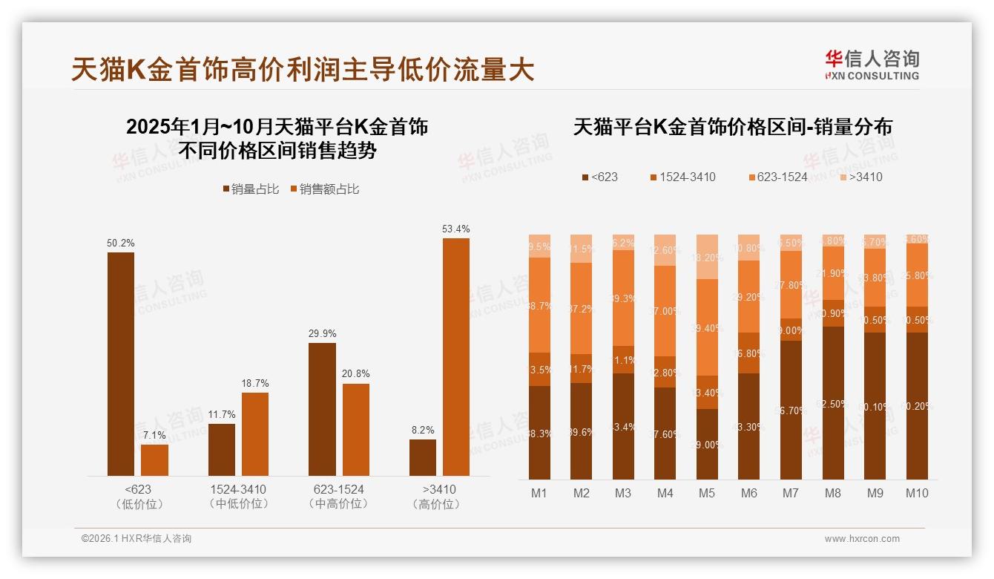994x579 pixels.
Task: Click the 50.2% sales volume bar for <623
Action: coord(121,364)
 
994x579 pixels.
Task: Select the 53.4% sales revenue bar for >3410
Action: coord(456,356)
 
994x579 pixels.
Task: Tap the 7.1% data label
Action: coord(154,435)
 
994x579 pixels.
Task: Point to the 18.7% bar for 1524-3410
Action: coord(255,434)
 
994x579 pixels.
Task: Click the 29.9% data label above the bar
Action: coord(322,334)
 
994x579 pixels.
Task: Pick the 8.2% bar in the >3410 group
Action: coord(423,457)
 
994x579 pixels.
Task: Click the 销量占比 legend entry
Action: coord(251,189)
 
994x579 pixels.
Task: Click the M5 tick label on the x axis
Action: coord(707,493)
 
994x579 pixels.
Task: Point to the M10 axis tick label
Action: coord(917,493)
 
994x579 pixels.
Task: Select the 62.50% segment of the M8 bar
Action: coord(833,403)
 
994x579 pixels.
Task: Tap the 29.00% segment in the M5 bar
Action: coord(707,444)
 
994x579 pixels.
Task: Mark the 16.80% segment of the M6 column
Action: coord(749,353)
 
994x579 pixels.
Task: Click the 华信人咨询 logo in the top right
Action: coord(872,65)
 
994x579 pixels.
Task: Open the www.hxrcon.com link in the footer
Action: coord(862,539)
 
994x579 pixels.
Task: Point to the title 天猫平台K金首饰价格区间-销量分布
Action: coord(732,127)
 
